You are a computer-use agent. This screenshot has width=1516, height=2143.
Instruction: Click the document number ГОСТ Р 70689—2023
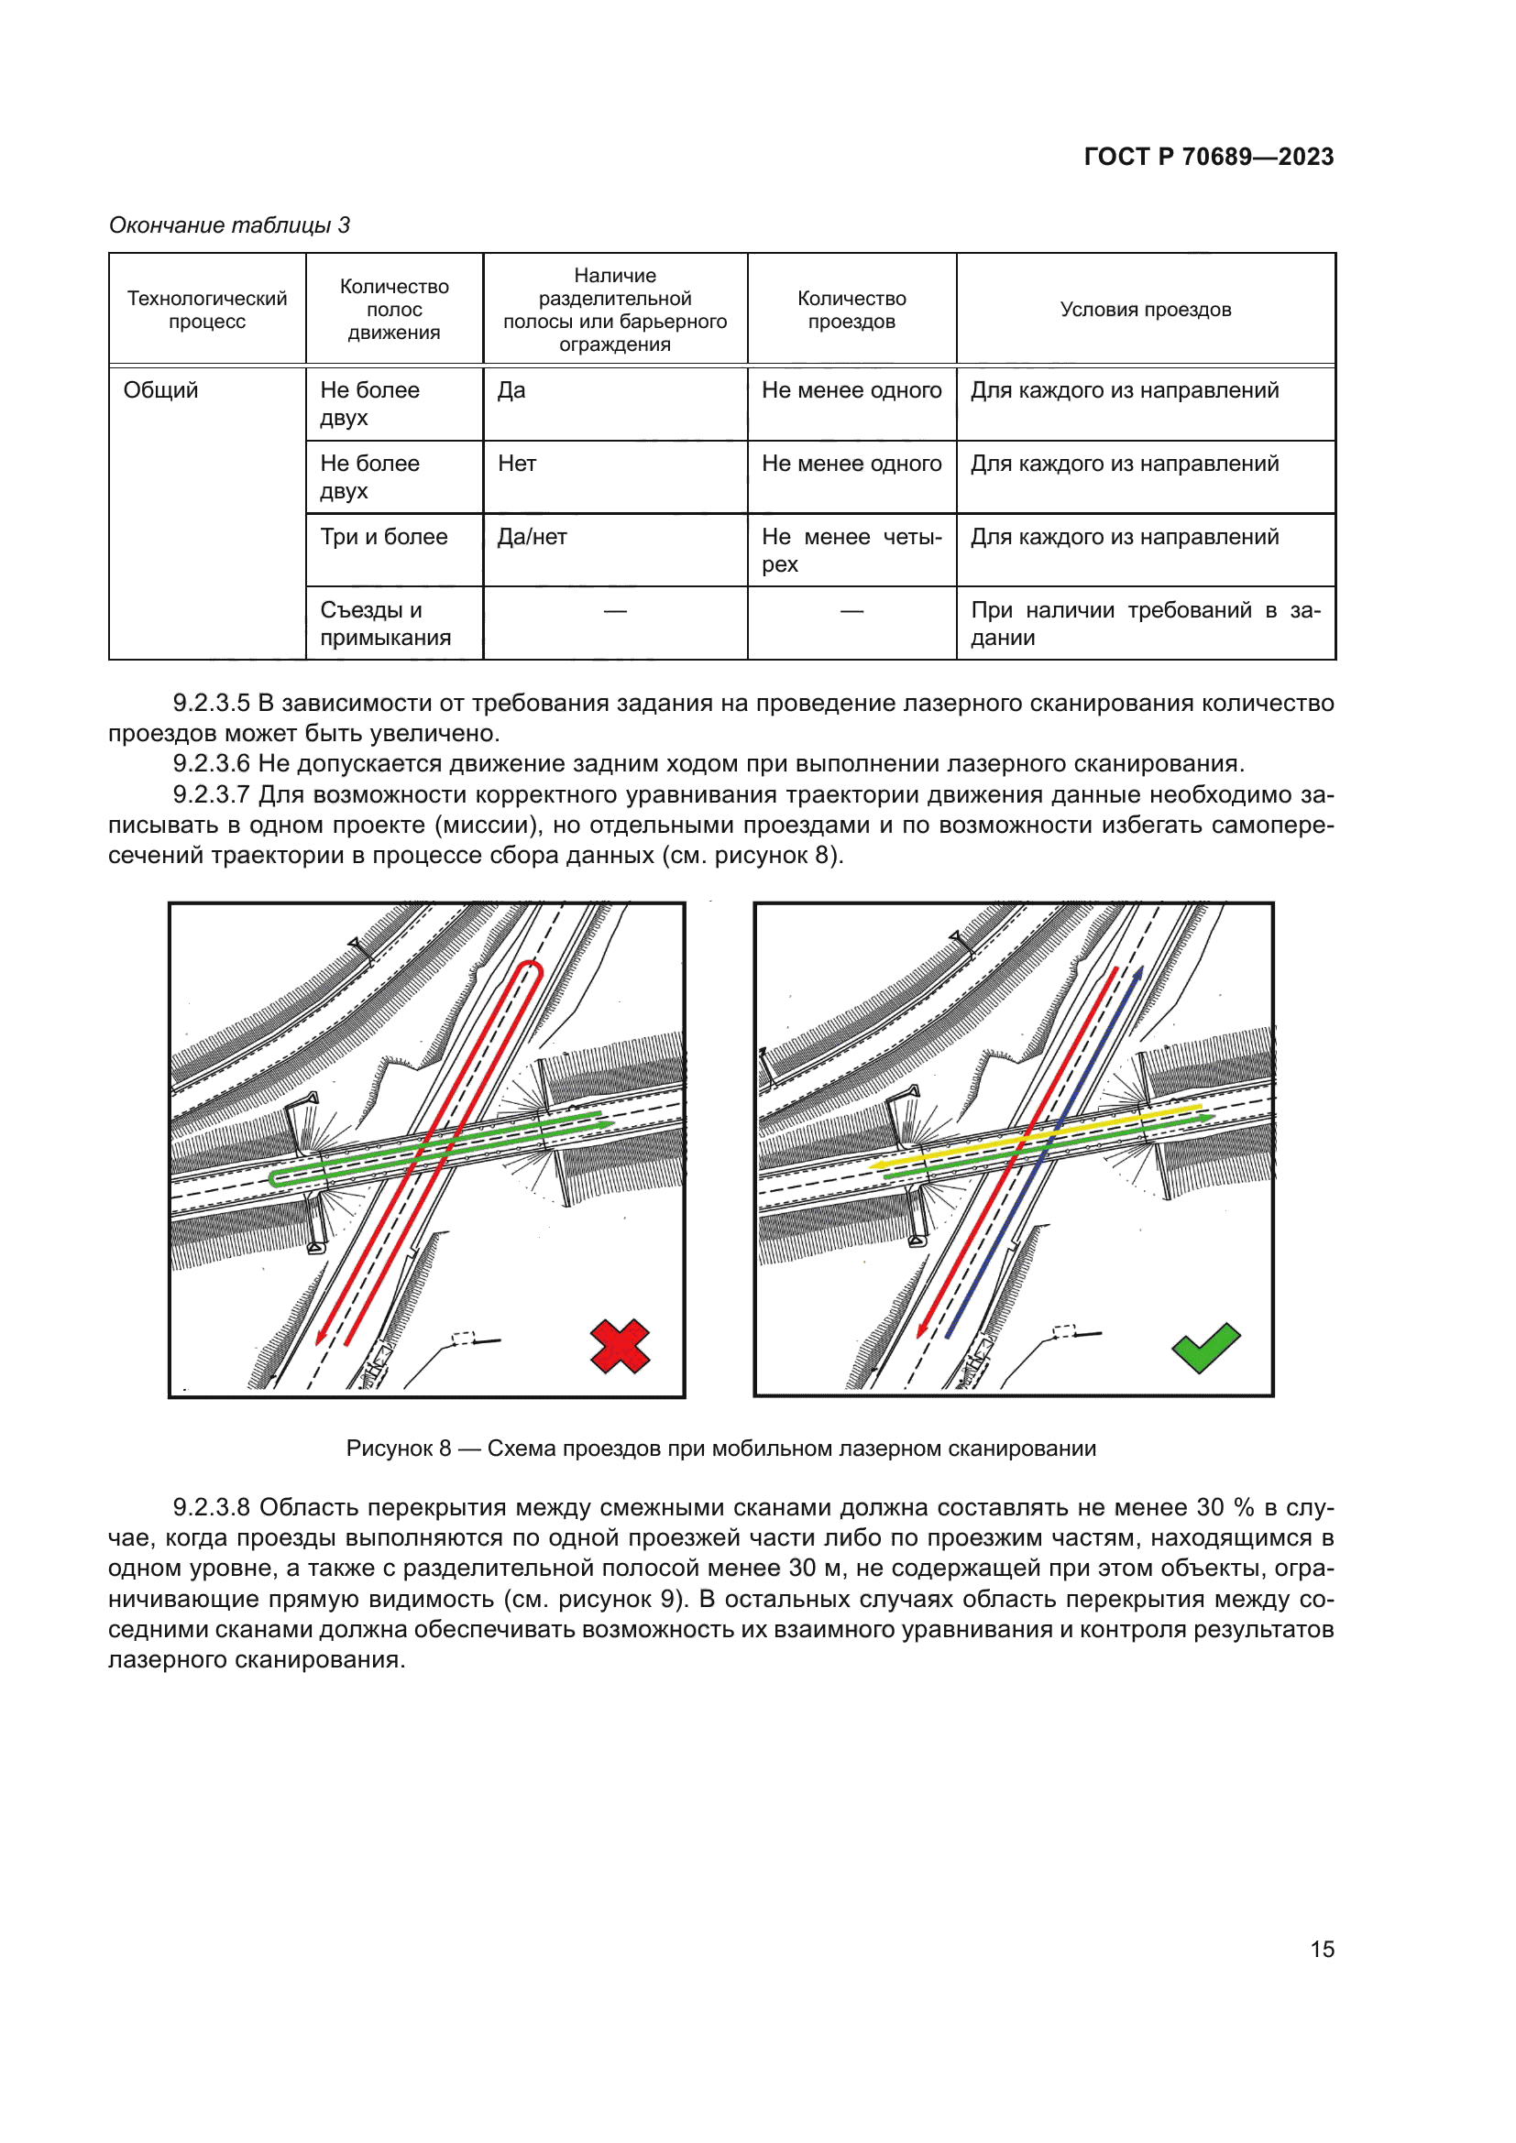(1208, 157)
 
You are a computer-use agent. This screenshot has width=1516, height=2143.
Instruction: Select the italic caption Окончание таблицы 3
(230, 225)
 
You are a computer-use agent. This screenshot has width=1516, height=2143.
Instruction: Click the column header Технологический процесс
(207, 310)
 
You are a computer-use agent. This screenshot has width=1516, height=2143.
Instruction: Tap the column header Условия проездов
(1146, 310)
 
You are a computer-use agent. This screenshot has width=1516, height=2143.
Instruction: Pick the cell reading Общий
(161, 390)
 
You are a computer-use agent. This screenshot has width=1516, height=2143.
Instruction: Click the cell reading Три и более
(384, 537)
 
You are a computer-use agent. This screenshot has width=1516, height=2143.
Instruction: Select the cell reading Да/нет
(533, 537)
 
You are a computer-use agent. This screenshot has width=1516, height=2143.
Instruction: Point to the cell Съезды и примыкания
(386, 624)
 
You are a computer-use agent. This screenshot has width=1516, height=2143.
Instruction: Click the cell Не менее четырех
(851, 550)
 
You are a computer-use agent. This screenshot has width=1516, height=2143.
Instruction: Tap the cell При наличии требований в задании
(1146, 624)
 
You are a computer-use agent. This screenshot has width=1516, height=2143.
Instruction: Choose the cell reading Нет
(517, 464)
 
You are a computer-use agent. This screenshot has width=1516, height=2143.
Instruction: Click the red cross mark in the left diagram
(620, 1346)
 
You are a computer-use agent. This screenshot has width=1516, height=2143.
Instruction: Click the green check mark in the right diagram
(1205, 1348)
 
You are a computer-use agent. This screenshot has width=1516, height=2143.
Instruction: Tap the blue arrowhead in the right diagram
(1138, 975)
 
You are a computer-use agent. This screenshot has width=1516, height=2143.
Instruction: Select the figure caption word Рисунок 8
(399, 1449)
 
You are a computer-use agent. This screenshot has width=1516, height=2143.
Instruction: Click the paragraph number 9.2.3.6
(211, 763)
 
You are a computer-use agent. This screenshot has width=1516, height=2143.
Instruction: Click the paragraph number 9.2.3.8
(211, 1507)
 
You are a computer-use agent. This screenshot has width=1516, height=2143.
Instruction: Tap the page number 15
(1322, 1950)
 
